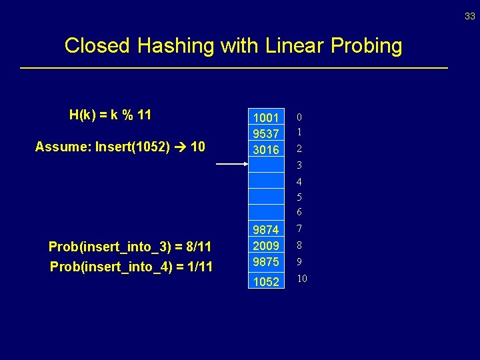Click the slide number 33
tap(470, 17)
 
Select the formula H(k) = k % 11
tap(110, 115)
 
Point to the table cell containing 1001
tap(266, 117)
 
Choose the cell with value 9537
tap(266, 133)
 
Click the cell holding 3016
tap(266, 149)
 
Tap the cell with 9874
tap(266, 229)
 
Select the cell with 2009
tap(266, 245)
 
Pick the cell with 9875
tap(266, 262)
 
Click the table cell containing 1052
tap(266, 281)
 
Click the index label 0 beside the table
tap(299, 117)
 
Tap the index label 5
tap(299, 197)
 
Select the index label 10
tap(302, 278)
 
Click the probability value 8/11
tap(197, 247)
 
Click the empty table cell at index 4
tap(266, 181)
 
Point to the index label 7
tap(299, 229)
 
